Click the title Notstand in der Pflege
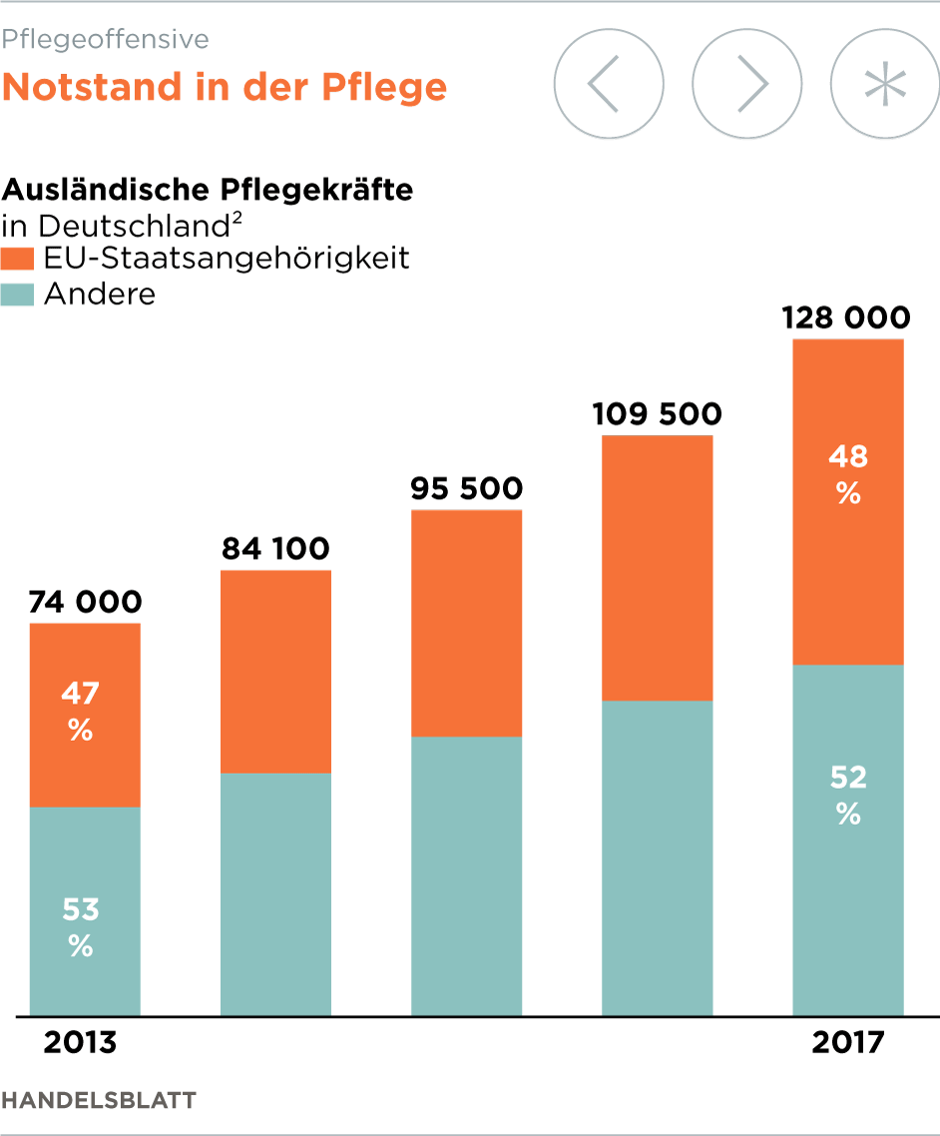click(x=225, y=87)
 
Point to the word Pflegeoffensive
click(x=105, y=39)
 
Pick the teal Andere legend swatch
click(x=18, y=294)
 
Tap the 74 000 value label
click(x=85, y=602)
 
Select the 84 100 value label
click(x=274, y=549)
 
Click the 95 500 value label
click(x=466, y=489)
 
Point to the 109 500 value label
click(x=657, y=413)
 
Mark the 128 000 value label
click(x=846, y=318)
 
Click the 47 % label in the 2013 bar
click(x=81, y=711)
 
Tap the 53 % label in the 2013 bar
click(x=81, y=927)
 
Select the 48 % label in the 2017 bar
click(x=848, y=474)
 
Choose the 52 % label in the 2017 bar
click(x=848, y=795)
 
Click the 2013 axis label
click(x=81, y=1043)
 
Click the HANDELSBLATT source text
click(x=99, y=1100)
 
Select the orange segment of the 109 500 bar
click(x=658, y=567)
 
